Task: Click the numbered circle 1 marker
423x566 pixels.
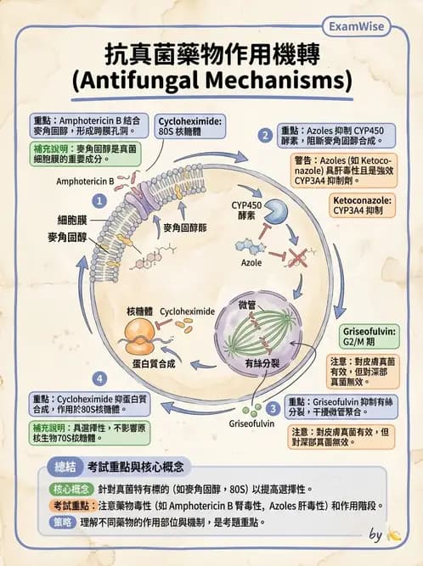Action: pos(99,201)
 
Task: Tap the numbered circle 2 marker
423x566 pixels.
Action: pos(266,134)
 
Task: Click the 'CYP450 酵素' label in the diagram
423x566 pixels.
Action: pos(247,210)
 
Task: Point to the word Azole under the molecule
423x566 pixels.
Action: pos(251,264)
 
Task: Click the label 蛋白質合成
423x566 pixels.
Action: pos(153,363)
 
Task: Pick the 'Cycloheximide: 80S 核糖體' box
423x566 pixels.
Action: pos(189,127)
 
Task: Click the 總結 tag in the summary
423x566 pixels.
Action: pos(65,467)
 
